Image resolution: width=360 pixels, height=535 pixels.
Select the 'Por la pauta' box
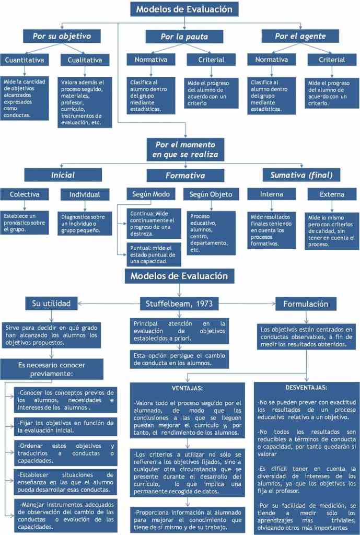point(184,36)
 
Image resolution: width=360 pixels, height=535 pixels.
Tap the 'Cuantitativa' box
point(25,60)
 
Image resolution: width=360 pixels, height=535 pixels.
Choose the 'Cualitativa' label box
point(85,60)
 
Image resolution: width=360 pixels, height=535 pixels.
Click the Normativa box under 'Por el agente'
point(271,60)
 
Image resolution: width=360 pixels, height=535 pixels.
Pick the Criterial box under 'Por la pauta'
point(211,60)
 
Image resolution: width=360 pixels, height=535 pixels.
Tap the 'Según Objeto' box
point(211,194)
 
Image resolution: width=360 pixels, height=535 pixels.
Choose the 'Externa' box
point(333,194)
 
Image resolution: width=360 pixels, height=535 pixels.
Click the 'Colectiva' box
point(25,194)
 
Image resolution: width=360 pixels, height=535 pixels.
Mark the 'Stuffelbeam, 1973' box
point(179,304)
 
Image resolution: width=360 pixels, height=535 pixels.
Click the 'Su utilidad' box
point(51,303)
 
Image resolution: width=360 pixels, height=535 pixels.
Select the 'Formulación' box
point(306,304)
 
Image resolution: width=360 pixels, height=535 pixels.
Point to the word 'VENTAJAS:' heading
point(187,388)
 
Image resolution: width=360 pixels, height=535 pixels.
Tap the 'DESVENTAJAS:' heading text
point(307,388)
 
